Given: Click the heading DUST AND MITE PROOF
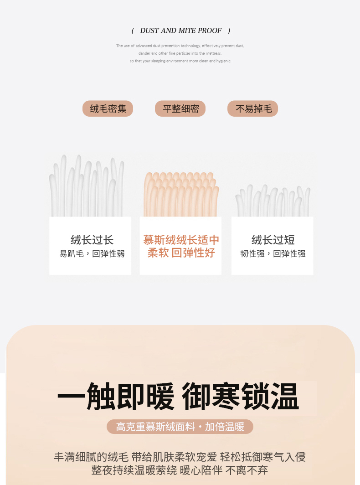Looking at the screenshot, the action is point(180,31).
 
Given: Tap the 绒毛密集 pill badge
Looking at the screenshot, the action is point(108,108).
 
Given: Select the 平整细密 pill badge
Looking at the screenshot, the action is point(180,108).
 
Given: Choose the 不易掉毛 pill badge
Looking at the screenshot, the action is point(252,108).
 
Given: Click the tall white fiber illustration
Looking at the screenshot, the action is point(87,186).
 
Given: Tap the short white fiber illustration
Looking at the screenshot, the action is point(273,201).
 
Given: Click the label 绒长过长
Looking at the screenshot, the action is point(92,240).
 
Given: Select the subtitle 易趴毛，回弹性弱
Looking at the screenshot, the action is point(92,253).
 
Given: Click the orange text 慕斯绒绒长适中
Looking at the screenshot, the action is point(181,240).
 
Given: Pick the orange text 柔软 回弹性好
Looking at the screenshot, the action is point(181,253).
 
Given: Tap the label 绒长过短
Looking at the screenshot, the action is point(273,240).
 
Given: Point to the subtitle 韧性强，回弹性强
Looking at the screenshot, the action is point(273,253).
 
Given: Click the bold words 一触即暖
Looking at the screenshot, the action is point(116,397).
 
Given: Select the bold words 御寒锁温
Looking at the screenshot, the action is point(240,397).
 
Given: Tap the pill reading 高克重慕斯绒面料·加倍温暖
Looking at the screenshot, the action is point(180,427).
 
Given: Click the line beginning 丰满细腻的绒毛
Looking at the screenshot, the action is point(180,457).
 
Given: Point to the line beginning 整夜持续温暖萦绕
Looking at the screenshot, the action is point(180,470).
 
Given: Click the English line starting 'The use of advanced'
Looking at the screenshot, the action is point(180,46).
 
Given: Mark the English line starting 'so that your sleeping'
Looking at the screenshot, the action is point(180,61).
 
